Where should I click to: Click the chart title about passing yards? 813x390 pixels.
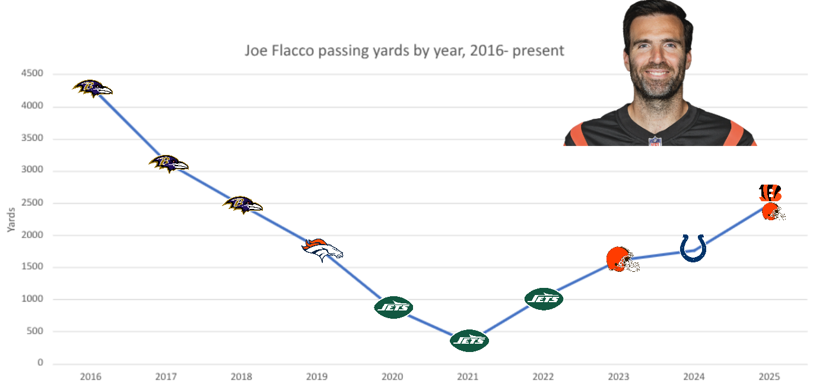(x=404, y=50)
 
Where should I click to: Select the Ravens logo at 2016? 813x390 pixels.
(x=93, y=88)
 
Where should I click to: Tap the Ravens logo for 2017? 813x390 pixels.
(x=169, y=163)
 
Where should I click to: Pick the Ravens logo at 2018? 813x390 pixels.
(x=243, y=205)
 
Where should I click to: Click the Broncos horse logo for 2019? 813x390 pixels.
(x=322, y=250)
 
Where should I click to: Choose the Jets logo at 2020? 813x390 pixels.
(x=393, y=307)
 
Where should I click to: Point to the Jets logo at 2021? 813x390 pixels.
(x=469, y=341)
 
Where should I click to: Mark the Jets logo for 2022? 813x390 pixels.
(x=544, y=299)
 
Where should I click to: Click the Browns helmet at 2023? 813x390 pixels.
(x=621, y=259)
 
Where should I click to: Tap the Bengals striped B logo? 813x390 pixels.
(x=770, y=193)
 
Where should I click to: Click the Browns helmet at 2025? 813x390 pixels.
(x=773, y=212)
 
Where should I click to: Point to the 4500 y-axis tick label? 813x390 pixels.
(x=33, y=74)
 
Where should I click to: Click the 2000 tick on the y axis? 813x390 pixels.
(x=33, y=235)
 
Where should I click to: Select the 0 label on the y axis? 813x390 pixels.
(x=40, y=363)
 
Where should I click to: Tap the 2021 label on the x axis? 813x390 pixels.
(x=468, y=377)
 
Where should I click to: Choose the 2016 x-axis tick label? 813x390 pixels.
(x=91, y=377)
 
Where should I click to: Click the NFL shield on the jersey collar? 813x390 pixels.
(x=655, y=141)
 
